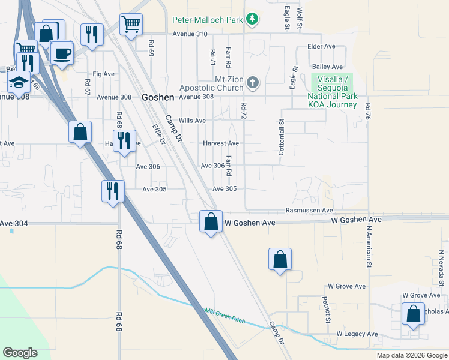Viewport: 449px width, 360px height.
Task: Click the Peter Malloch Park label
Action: (x=207, y=19)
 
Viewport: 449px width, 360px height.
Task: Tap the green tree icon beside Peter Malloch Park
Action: (x=253, y=19)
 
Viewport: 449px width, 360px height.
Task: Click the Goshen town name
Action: (x=158, y=97)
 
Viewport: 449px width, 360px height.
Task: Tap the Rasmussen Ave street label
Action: (x=309, y=211)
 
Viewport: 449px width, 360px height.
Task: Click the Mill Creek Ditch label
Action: (x=225, y=316)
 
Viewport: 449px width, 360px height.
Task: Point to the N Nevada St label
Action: (x=441, y=268)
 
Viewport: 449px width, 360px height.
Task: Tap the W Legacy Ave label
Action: (x=357, y=334)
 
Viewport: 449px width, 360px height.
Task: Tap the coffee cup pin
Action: (x=62, y=53)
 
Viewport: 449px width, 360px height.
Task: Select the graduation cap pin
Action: (x=20, y=82)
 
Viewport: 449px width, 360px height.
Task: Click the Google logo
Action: (x=20, y=353)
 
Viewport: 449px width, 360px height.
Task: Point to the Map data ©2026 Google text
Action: (x=411, y=355)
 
